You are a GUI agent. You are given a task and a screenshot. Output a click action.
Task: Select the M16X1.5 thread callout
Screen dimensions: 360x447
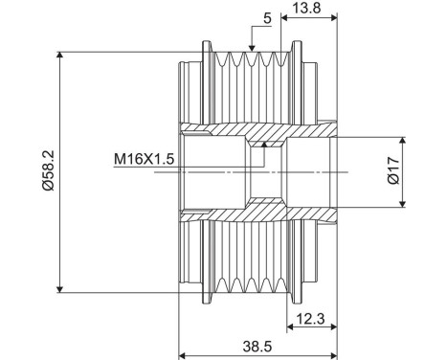(x=144, y=159)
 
